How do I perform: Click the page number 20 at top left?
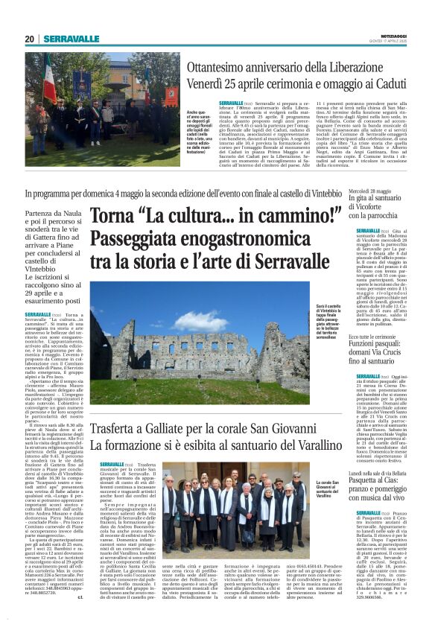[29, 39]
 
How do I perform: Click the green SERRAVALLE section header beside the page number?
[71, 39]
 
